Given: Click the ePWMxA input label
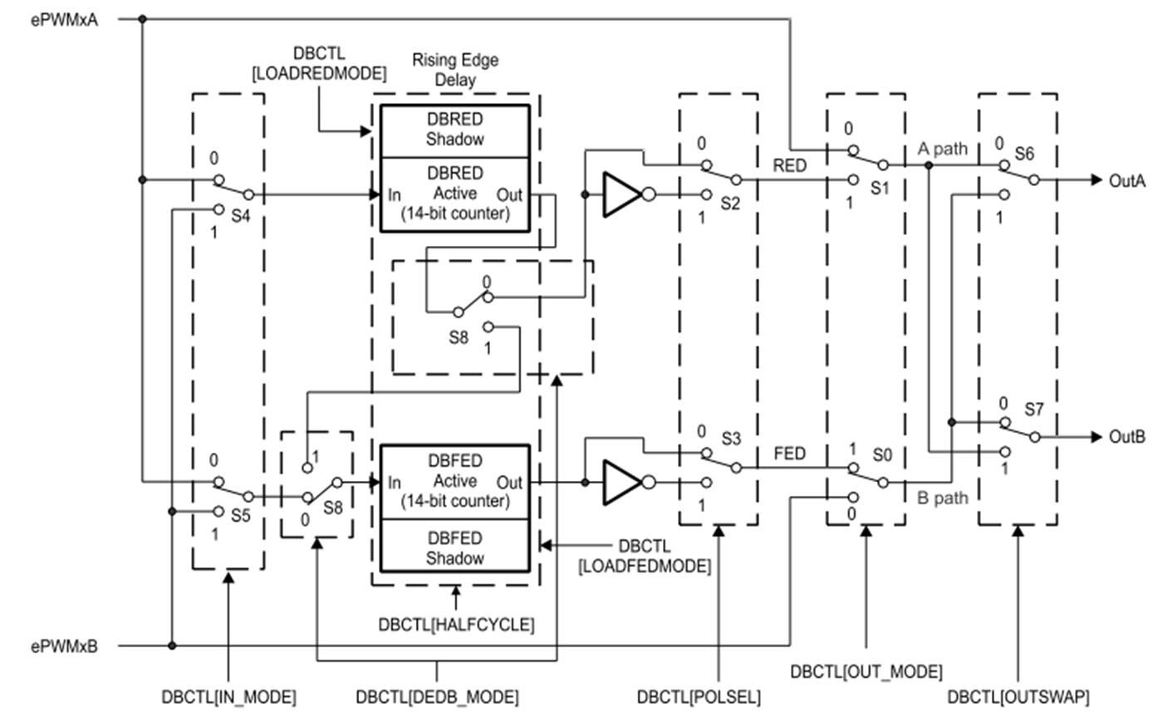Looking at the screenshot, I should (64, 19).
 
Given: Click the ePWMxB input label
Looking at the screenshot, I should (64, 646).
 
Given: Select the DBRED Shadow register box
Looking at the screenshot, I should (454, 130).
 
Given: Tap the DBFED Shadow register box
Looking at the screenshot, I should (454, 548).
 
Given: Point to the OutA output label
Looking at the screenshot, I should (1126, 180).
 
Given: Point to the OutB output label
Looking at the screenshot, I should (1126, 437).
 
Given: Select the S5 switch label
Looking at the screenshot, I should (240, 515).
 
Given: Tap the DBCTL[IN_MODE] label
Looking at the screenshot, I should (228, 697).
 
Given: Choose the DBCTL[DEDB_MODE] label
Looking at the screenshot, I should (437, 697).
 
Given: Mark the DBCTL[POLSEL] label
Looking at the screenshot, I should (698, 697).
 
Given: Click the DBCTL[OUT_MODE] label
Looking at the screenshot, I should (866, 671).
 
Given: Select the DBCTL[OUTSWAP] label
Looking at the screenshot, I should (1018, 697).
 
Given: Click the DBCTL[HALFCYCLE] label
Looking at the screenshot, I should (456, 624).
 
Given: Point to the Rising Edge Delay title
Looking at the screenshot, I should (455, 70).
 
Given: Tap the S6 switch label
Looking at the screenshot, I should (1024, 154).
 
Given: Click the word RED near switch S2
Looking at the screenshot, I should (789, 165).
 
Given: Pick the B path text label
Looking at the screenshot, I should (942, 498).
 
